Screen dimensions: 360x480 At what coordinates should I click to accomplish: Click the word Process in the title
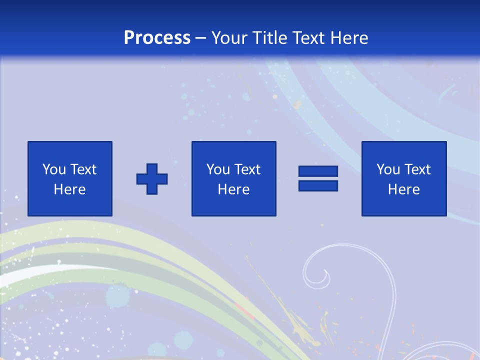157,38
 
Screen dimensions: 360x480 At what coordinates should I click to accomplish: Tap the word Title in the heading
269,38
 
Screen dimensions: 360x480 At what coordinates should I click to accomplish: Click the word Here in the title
350,38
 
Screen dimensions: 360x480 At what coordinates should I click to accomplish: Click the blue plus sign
152,178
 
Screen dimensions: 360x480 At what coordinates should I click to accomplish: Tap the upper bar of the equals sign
318,171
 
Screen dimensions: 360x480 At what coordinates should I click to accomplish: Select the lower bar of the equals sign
318,185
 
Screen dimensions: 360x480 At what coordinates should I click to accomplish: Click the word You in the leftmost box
53,169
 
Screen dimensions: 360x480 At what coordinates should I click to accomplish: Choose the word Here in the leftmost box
69,189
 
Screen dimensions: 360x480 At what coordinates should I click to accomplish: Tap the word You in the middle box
217,169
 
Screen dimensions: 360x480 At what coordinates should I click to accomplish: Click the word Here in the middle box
233,189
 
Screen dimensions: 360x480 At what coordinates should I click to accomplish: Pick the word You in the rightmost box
387,169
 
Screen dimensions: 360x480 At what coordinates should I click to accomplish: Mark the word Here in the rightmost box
403,189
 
